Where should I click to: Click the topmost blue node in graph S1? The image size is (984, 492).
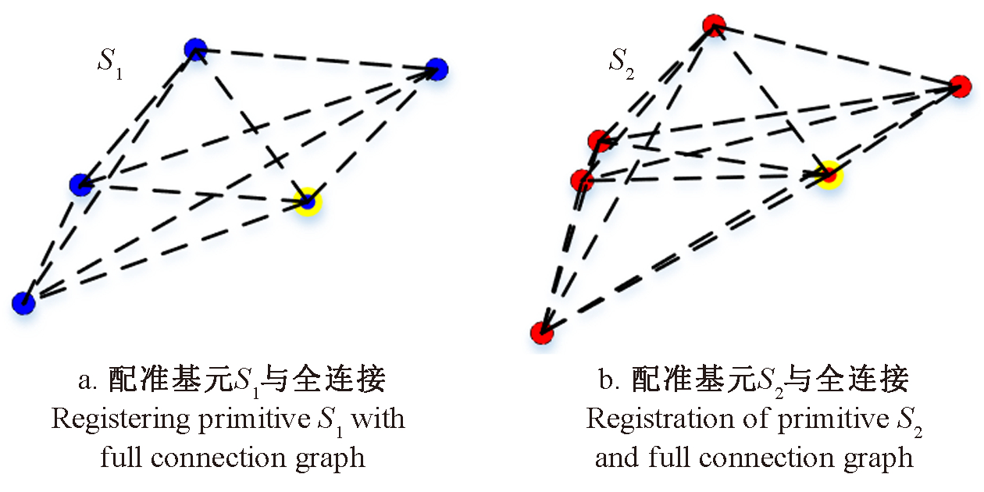[195, 50]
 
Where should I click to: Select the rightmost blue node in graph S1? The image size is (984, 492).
[437, 69]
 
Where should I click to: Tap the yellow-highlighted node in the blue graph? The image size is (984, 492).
[308, 201]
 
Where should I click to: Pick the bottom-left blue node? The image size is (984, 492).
[24, 302]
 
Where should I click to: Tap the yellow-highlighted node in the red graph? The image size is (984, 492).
[829, 175]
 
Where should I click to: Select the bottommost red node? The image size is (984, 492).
[541, 333]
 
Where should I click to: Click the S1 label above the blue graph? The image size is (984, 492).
[109, 62]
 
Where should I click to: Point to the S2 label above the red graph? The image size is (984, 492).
[622, 62]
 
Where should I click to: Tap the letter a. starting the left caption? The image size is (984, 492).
[86, 381]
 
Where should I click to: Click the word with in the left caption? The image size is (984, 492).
[378, 419]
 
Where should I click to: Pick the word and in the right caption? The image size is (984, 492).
[616, 457]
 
